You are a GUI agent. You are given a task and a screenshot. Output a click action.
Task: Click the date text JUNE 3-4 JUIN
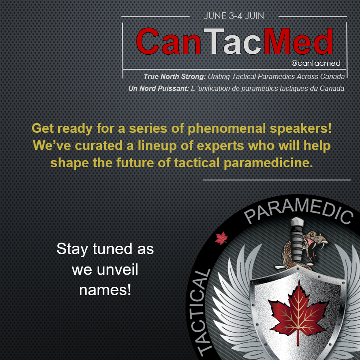pyautogui.click(x=234, y=16)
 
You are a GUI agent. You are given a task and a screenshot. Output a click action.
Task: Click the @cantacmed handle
pyautogui.click(x=316, y=63)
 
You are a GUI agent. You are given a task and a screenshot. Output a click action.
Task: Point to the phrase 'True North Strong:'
pyautogui.click(x=171, y=77)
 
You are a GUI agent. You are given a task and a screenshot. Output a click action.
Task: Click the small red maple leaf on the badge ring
pyautogui.click(x=220, y=239)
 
